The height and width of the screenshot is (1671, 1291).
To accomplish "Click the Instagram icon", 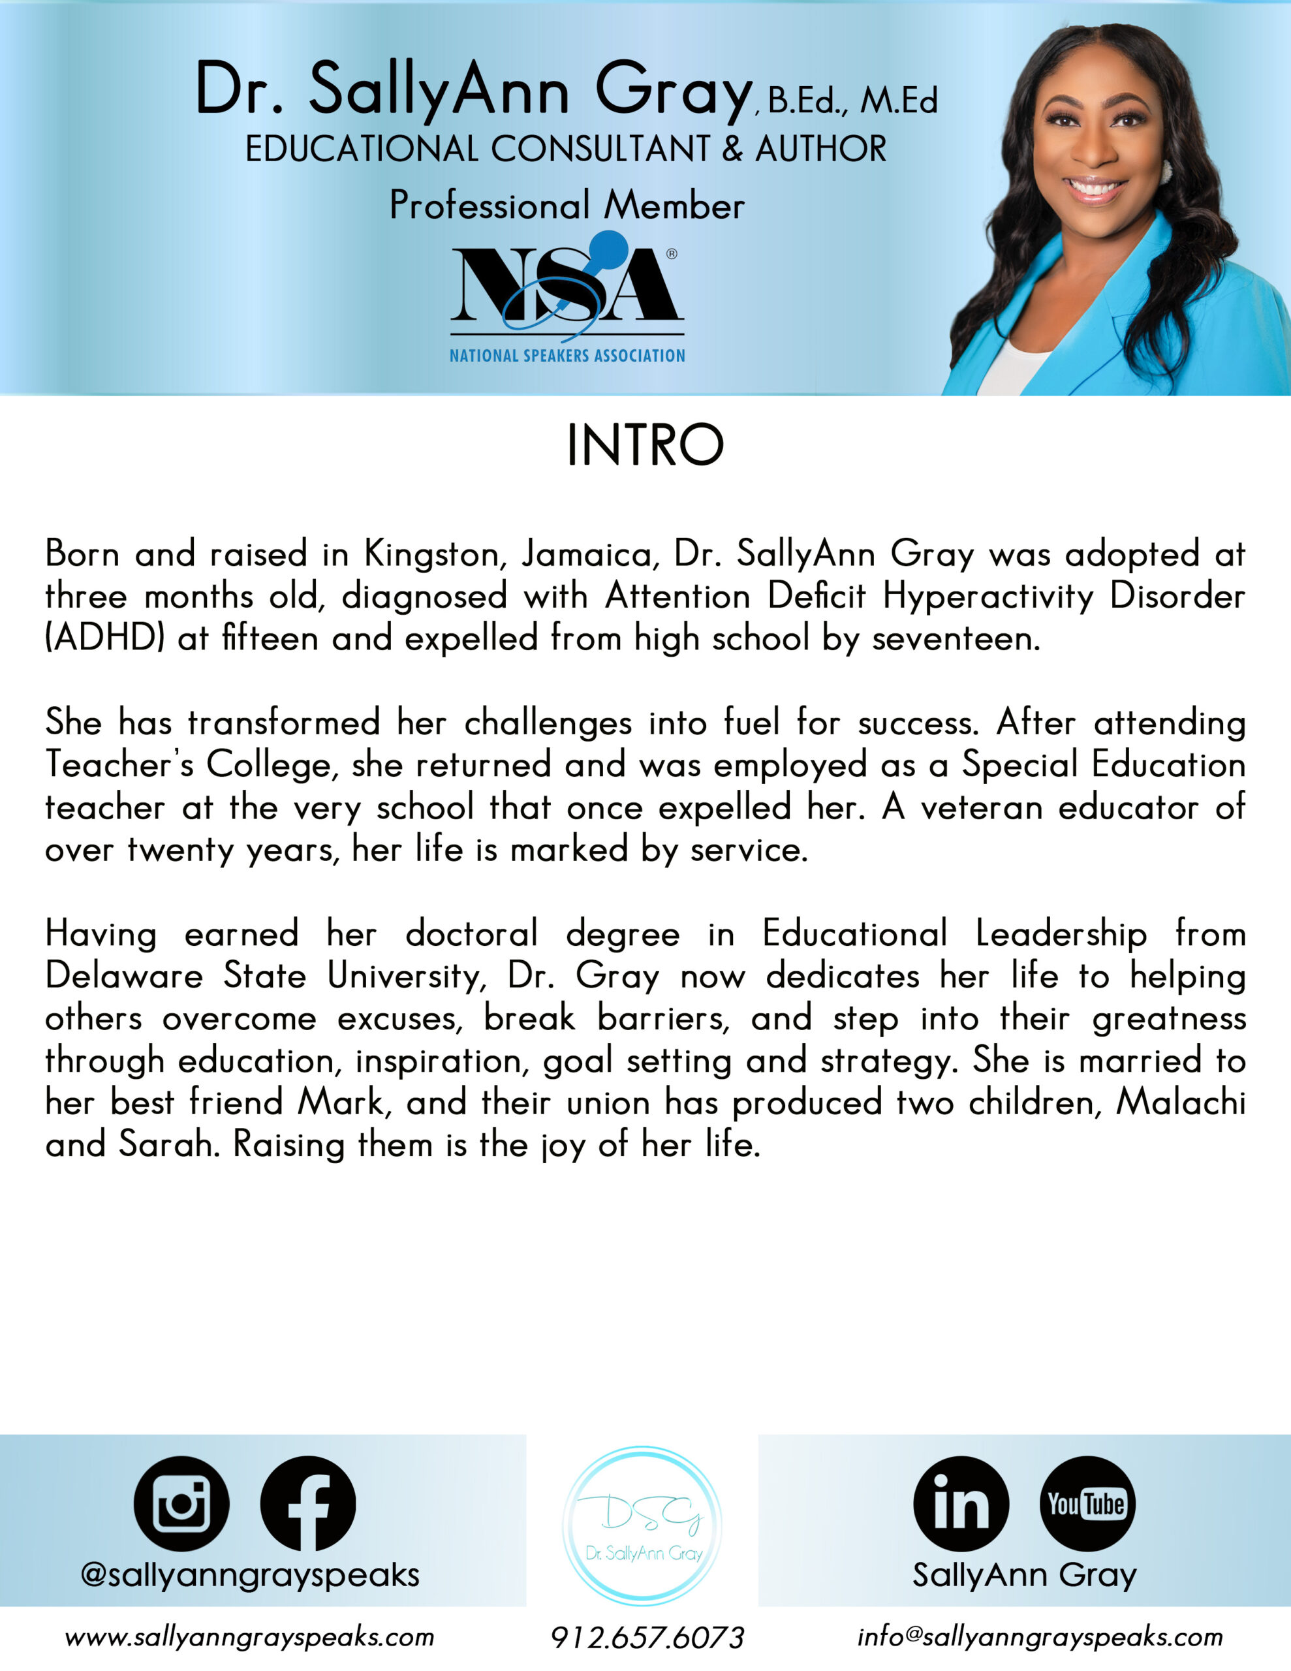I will (181, 1503).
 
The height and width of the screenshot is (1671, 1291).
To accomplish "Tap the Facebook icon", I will (307, 1503).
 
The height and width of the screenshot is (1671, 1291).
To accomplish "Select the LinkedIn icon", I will (961, 1503).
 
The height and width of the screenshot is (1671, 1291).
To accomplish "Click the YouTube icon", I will (1087, 1503).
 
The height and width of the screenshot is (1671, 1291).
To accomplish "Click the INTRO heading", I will (645, 446).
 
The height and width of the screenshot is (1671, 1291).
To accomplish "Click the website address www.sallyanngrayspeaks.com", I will (249, 1637).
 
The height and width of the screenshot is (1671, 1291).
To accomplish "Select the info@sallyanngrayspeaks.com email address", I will (1040, 1636).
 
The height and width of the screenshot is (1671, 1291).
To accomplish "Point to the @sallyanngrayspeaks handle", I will (250, 1574).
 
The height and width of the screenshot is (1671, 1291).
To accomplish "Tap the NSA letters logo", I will (567, 287).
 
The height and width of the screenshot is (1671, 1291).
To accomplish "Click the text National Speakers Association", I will (567, 356).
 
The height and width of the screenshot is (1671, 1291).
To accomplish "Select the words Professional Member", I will (567, 206).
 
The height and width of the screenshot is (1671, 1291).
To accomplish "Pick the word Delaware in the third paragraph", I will (124, 976).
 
